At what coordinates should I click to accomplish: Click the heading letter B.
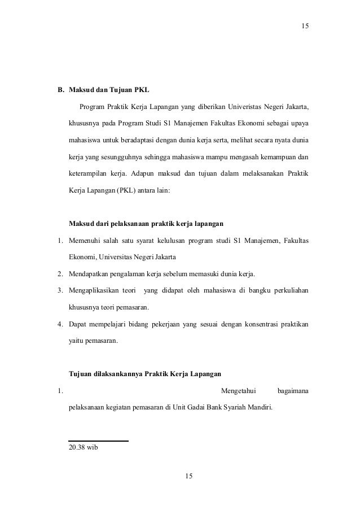click(x=58, y=90)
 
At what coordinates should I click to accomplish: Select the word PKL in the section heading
click(x=142, y=90)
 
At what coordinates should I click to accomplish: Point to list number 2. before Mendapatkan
click(x=59, y=275)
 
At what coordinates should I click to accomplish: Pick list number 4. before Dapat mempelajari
click(x=59, y=324)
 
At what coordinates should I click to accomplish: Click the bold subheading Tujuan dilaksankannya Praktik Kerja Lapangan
click(x=144, y=374)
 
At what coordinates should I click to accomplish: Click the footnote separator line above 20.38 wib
click(x=98, y=441)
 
